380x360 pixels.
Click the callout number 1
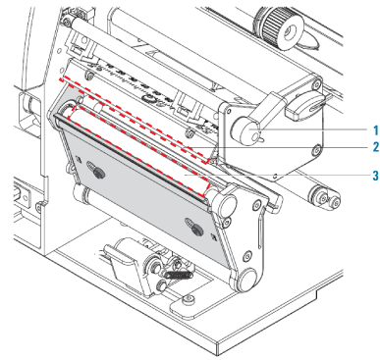pyautogui.click(x=376, y=129)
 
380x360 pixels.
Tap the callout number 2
pyautogui.click(x=376, y=147)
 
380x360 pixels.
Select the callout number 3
pyautogui.click(x=376, y=176)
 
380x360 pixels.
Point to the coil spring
pyautogui.click(x=179, y=275)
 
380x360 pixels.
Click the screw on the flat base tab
pyautogui.click(x=188, y=298)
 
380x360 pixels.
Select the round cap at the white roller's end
pyautogui.click(x=226, y=204)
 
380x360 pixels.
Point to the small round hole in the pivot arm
pyautogui.click(x=248, y=255)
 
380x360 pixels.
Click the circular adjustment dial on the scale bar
pyautogui.click(x=148, y=98)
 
